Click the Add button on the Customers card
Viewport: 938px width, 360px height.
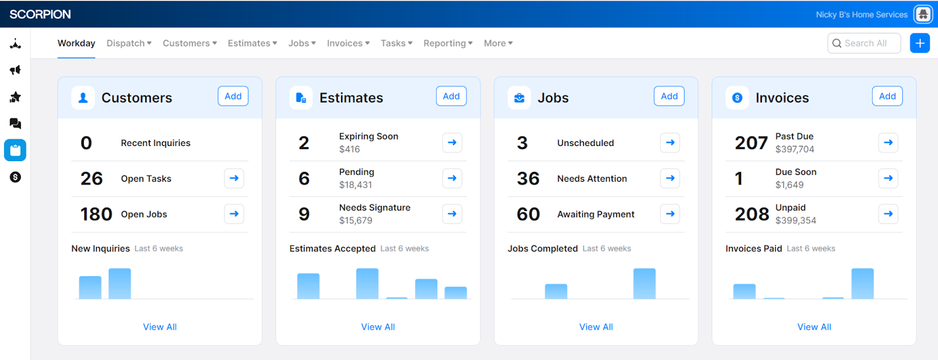click(233, 96)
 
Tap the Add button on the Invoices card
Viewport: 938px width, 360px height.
click(887, 96)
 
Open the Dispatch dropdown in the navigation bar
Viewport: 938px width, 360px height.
click(129, 43)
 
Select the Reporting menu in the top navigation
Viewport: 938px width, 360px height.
click(448, 43)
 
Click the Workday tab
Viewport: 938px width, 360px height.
click(76, 43)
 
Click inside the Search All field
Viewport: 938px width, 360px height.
click(865, 43)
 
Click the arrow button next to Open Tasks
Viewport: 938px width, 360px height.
click(234, 178)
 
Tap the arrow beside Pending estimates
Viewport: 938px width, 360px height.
click(452, 178)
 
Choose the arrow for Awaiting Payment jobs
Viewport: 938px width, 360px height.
click(670, 214)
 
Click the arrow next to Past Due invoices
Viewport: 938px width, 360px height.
click(888, 142)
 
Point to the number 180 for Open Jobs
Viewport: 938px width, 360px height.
click(96, 214)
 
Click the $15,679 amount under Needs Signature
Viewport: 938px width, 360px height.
click(356, 220)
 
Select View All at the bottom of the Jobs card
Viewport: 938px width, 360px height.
click(596, 327)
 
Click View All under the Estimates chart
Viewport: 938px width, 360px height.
click(378, 327)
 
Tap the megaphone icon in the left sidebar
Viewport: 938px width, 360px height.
click(15, 70)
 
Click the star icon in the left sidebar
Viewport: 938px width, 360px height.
click(15, 97)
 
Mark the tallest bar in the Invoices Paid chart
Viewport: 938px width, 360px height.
click(862, 284)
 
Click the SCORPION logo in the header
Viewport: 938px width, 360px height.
click(40, 14)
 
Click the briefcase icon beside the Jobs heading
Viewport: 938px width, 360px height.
click(519, 98)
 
